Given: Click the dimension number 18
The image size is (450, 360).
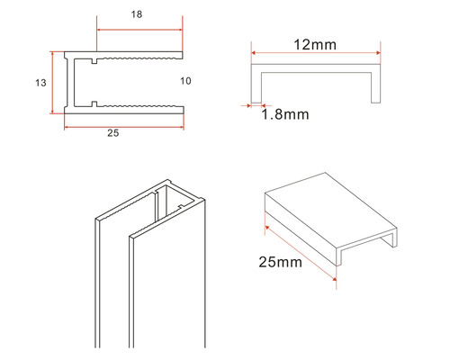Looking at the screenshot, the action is click(x=137, y=14).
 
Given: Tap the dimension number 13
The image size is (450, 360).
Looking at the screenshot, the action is click(x=40, y=83).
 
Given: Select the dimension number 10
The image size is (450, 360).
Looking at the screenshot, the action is click(x=185, y=81).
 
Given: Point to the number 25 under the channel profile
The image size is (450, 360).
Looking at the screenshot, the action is click(x=113, y=133).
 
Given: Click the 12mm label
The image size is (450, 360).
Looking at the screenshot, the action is click(x=315, y=45).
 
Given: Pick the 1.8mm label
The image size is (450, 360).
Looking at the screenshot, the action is click(x=285, y=114).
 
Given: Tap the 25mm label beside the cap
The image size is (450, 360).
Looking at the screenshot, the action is click(x=281, y=262).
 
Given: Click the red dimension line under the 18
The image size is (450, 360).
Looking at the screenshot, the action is click(x=139, y=30).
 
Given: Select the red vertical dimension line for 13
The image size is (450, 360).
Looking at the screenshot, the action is click(x=52, y=83).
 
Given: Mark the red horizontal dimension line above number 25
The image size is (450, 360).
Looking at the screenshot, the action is click(x=124, y=127).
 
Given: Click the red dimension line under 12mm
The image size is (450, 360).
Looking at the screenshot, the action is click(x=316, y=53).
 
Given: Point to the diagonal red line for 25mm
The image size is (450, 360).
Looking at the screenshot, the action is click(x=301, y=254).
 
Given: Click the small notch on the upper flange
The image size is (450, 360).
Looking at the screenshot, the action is click(x=94, y=61).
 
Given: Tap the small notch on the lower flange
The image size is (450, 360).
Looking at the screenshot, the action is click(x=94, y=104).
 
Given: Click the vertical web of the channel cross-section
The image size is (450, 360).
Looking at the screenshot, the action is click(x=70, y=83).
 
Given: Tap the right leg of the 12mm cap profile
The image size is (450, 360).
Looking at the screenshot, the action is click(x=376, y=87).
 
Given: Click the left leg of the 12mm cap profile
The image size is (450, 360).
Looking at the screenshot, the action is click(x=256, y=87).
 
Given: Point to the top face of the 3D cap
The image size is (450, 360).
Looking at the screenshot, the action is click(x=331, y=209).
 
